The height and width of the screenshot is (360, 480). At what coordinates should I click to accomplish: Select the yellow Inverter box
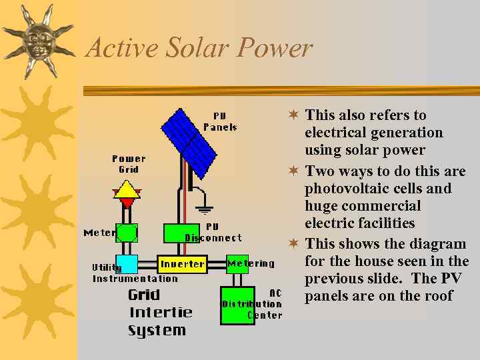click(182, 264)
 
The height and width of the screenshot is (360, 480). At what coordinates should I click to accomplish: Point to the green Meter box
click(127, 233)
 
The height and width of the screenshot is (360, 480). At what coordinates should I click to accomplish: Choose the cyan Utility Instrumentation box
click(127, 264)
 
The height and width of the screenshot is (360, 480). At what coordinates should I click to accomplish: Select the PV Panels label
click(220, 121)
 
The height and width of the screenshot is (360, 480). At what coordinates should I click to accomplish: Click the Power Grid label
click(129, 164)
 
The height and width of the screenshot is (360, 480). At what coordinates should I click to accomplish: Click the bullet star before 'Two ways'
click(293, 171)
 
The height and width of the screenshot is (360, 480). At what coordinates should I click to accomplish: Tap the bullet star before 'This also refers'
click(293, 115)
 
